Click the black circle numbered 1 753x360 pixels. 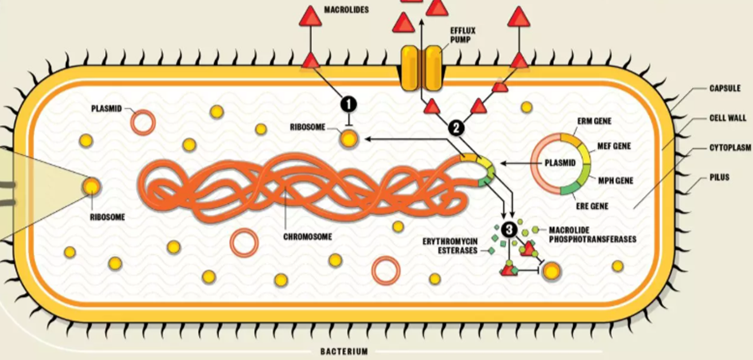click(348, 103)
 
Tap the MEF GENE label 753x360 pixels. click(614, 147)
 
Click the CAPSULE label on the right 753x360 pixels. click(726, 88)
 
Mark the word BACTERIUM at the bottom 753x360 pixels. click(344, 351)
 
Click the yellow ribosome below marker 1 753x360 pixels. click(349, 139)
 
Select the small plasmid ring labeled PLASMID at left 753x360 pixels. click(143, 122)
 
